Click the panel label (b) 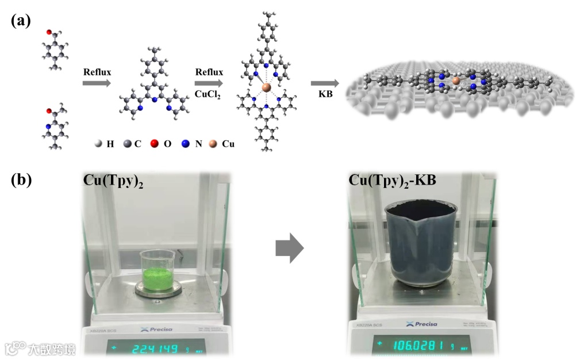(x=21, y=181)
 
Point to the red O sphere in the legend (x=155, y=144)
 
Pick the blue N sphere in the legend (x=186, y=144)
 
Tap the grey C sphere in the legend (x=126, y=144)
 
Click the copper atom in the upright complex (x=266, y=87)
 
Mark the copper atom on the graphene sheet (x=456, y=81)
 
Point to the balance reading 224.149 (x=155, y=348)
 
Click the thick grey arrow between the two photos (x=289, y=248)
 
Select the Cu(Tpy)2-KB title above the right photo (x=393, y=181)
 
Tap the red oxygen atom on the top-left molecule (x=50, y=32)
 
